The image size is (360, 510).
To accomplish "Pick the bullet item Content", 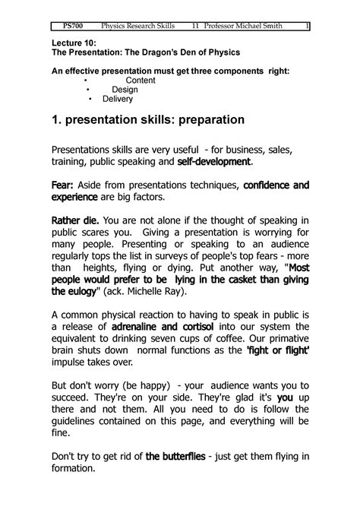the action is click(140, 80).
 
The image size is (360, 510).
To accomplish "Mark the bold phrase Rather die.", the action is click(72, 220).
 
